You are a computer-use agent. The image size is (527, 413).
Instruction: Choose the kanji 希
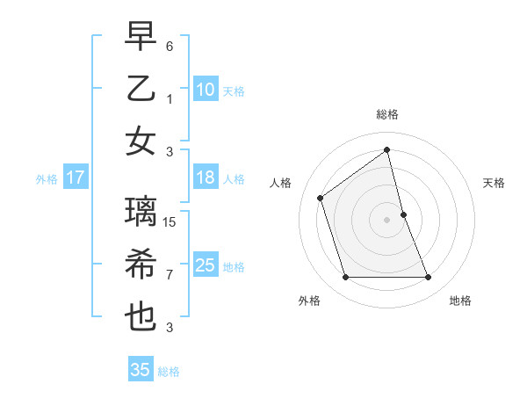point(141,264)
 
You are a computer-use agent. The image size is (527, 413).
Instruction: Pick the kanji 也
point(141,317)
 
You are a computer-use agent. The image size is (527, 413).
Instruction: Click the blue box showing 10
point(205,90)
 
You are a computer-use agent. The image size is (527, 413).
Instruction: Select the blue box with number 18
point(205,178)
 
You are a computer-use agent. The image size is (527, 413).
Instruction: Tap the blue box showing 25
point(205,265)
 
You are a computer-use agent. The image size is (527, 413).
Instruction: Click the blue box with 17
point(76,178)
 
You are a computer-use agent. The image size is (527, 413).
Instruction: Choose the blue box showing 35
point(141,370)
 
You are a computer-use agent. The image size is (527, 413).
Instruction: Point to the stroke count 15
point(170,221)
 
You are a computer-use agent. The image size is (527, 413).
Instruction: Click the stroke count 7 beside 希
point(170,275)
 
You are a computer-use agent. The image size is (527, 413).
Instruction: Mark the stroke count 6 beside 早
point(170,46)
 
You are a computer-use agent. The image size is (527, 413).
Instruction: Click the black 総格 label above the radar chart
point(386,114)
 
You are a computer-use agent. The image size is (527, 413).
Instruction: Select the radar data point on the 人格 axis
point(321,198)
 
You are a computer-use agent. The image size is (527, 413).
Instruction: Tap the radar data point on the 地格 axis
point(428,278)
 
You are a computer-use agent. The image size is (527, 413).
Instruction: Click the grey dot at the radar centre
point(386,220)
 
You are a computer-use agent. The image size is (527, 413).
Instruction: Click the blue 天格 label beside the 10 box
point(233,91)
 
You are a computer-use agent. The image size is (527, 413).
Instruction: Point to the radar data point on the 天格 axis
point(403,214)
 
